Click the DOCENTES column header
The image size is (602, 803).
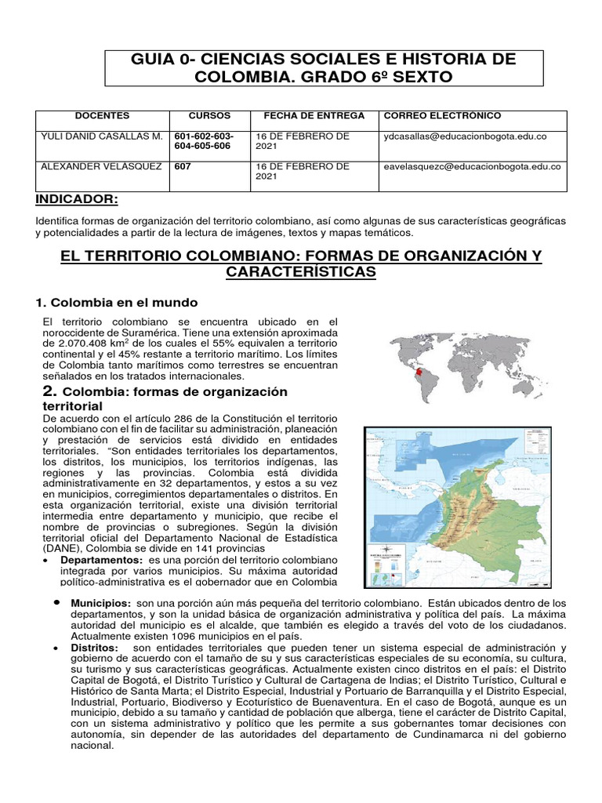pyautogui.click(x=102, y=116)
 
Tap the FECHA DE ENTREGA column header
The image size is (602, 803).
pyautogui.click(x=314, y=116)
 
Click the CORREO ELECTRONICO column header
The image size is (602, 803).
pyautogui.click(x=442, y=116)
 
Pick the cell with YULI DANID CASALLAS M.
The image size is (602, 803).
pyautogui.click(x=101, y=136)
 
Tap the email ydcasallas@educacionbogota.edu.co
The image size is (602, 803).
pyautogui.click(x=465, y=136)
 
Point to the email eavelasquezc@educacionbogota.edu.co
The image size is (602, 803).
pyautogui.click(x=472, y=166)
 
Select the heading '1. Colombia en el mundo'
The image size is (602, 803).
pyautogui.click(x=117, y=303)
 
